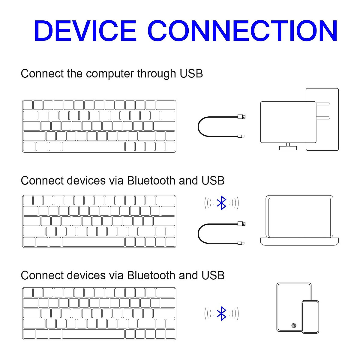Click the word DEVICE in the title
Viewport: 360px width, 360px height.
point(85,31)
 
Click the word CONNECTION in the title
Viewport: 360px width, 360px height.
point(242,31)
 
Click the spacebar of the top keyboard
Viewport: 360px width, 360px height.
point(93,146)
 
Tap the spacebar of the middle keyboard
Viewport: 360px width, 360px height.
point(93,242)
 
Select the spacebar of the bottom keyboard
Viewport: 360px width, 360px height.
point(93,334)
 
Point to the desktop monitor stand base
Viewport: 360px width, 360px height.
point(288,148)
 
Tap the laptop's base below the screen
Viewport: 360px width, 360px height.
point(299,241)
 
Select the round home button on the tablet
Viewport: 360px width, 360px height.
point(294,325)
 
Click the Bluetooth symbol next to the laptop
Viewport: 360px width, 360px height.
point(221,203)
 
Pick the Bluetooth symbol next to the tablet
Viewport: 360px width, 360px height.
point(221,313)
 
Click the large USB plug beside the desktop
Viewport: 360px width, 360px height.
point(241,116)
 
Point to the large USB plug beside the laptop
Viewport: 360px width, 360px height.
point(241,223)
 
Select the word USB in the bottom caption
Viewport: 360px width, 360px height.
point(213,275)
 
